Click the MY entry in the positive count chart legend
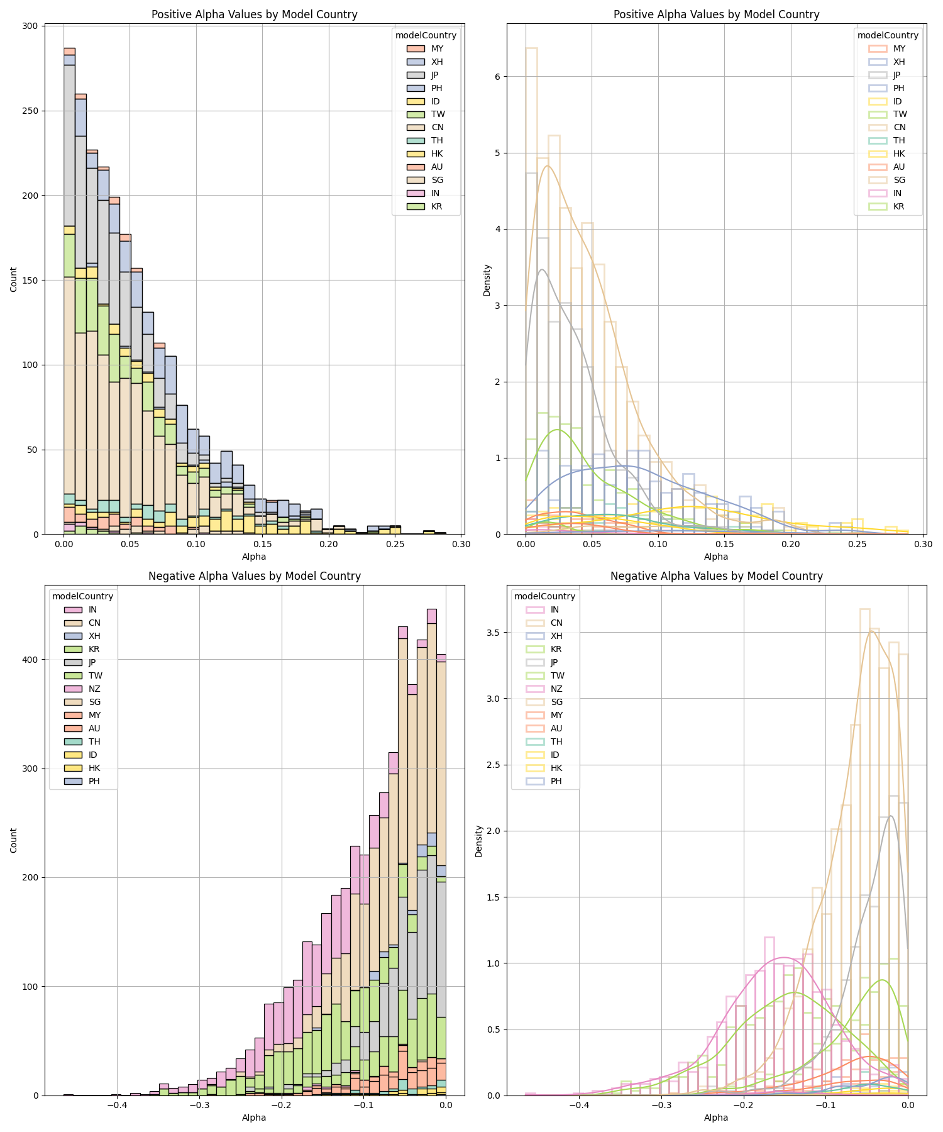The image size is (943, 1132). [x=436, y=49]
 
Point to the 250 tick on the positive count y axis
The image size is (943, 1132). [x=31, y=111]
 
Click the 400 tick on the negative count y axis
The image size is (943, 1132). [x=31, y=660]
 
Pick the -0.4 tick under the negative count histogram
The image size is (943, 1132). [x=117, y=1104]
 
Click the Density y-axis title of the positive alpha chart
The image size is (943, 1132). [x=487, y=280]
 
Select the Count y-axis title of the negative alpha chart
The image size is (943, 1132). [x=14, y=840]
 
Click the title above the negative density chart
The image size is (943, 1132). [x=716, y=576]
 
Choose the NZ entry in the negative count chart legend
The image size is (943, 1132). [x=93, y=689]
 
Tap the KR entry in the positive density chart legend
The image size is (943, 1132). [x=899, y=207]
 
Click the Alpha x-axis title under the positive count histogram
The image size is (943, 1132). [x=254, y=557]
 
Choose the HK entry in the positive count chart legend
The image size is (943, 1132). [x=436, y=154]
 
